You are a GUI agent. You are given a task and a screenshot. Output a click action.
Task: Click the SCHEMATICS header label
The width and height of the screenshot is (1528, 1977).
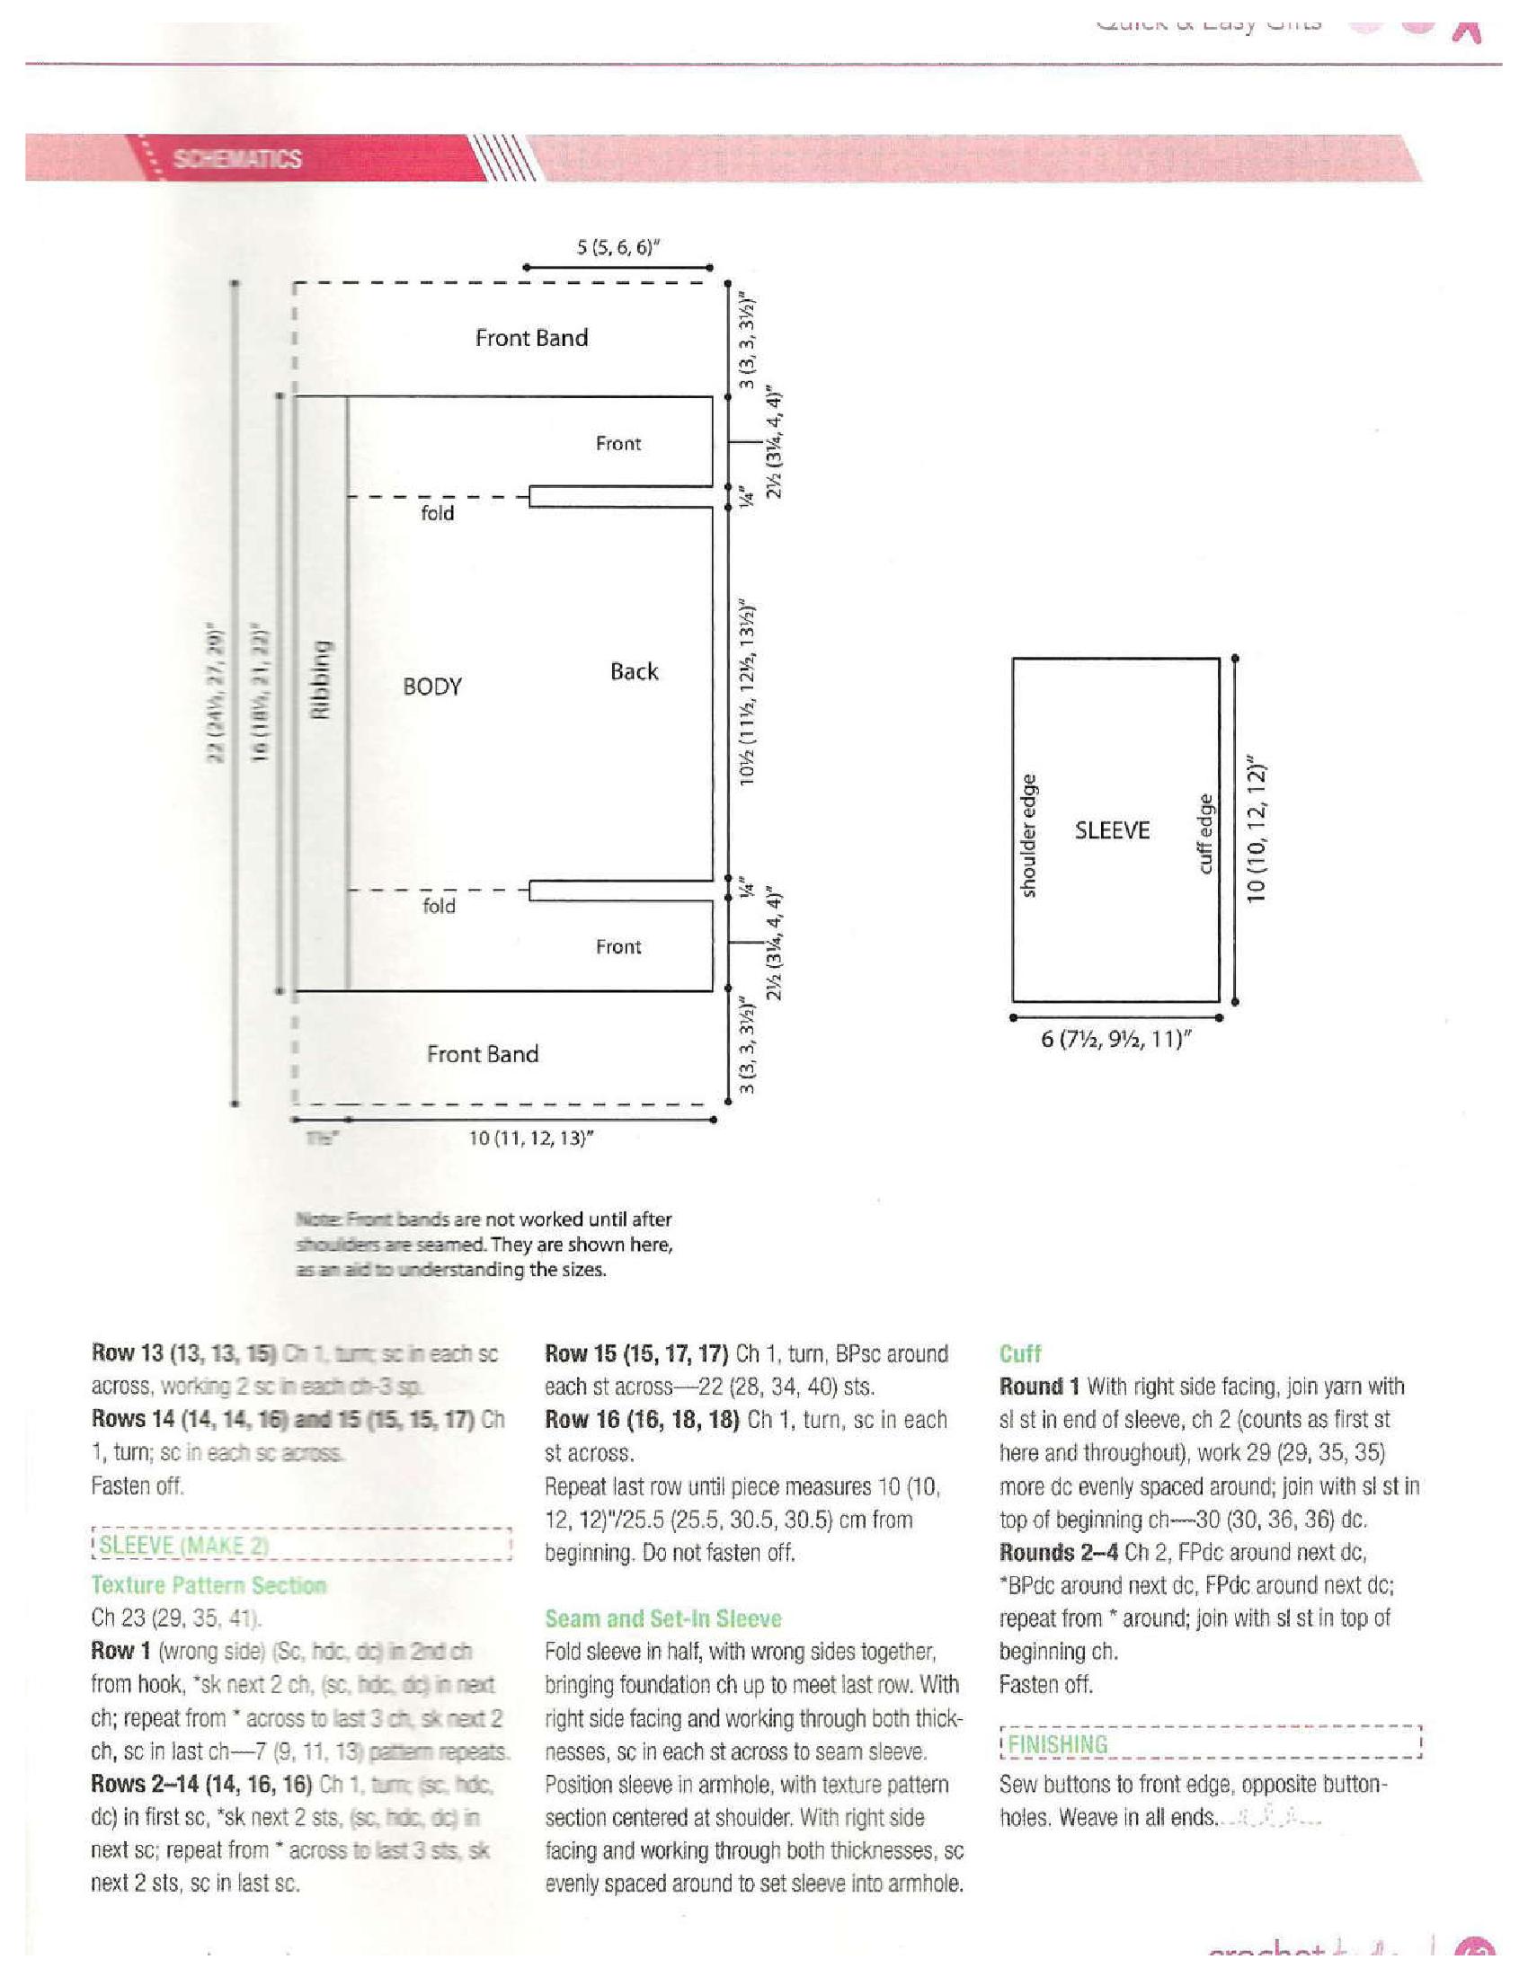237,159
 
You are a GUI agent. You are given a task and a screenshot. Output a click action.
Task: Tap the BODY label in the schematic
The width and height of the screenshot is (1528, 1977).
431,687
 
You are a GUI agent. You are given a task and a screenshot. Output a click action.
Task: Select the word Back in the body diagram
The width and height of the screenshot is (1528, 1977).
634,671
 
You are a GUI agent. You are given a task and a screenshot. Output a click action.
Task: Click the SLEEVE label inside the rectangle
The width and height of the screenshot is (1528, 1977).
1112,830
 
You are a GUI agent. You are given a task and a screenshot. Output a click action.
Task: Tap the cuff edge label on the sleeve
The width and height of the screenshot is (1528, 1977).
1204,834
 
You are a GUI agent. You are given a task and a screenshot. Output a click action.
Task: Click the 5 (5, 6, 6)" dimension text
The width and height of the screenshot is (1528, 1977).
616,247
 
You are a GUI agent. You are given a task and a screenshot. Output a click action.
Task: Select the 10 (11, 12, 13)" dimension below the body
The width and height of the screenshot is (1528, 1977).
530,1138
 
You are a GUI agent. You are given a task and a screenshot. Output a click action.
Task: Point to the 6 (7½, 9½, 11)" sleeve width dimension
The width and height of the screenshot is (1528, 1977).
1115,1039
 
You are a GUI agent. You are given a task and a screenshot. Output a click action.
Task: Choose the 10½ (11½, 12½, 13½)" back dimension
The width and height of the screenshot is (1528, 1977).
748,692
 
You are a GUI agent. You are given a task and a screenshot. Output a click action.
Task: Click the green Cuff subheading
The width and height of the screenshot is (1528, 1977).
1020,1354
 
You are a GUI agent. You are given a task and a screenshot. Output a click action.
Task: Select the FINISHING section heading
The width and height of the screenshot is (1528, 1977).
1057,1744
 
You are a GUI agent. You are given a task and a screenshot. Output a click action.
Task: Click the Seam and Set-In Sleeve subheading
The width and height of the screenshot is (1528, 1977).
662,1618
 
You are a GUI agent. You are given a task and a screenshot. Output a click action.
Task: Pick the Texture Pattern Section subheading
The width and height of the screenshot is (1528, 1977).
209,1585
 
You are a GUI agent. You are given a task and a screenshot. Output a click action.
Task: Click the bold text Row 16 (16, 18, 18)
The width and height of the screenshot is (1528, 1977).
643,1419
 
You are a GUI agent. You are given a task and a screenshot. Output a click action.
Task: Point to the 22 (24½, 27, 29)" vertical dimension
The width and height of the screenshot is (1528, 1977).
216,692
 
